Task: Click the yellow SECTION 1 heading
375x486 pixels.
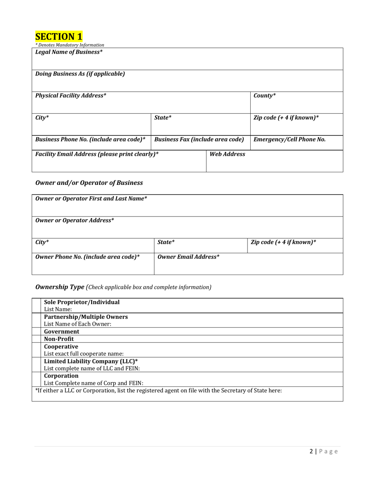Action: pos(59,37)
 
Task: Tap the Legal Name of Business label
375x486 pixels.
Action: pos(69,52)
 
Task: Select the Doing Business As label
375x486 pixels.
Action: pos(80,74)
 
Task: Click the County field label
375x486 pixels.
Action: pos(264,96)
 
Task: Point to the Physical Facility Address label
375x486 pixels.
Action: pos(71,96)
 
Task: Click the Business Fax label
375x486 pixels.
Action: pos(199,139)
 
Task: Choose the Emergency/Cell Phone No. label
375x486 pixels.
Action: pos(289,139)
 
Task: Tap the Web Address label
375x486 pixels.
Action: pos(227,154)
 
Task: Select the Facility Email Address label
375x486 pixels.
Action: pos(97,154)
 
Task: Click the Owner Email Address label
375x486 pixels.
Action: pos(188,257)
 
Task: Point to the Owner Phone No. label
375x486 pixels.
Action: pos(88,257)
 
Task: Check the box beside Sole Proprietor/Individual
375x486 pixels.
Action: pos(37,306)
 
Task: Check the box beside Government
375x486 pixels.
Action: pos(37,332)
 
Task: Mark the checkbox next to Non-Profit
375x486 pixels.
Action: pos(37,339)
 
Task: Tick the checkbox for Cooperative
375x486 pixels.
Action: pos(37,350)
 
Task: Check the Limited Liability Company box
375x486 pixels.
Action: pos(37,365)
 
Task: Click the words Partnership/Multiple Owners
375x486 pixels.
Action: pos(86,317)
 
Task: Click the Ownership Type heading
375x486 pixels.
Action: pos(60,287)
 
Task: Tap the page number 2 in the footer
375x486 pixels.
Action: pos(311,452)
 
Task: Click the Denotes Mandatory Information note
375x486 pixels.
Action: pos(70,45)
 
